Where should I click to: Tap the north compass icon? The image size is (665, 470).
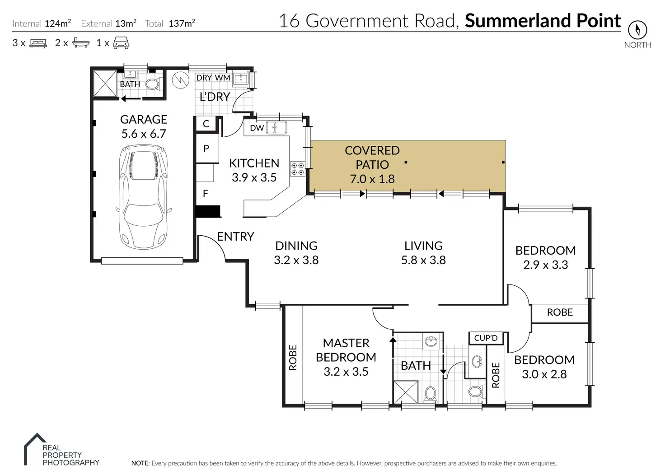pos(637,30)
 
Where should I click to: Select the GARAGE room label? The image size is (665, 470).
pos(144,119)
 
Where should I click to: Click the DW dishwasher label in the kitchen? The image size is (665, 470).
pos(257,128)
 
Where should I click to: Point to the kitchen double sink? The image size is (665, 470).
pos(276,127)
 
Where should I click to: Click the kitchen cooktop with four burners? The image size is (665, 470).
pos(297,169)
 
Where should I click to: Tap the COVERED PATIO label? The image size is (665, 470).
pos(372,157)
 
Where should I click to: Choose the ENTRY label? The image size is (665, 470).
pos(235,236)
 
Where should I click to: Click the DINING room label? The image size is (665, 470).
pos(296,246)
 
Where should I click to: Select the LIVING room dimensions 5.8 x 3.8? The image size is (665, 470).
pos(423,260)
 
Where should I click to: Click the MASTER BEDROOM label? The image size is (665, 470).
pos(346,350)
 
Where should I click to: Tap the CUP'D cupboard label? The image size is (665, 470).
pos(486,338)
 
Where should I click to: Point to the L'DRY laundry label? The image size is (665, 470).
pos(215,97)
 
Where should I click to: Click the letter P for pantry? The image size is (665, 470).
pos(206,148)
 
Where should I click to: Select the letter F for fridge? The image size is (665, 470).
pos(206,194)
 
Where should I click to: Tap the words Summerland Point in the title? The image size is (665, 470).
pos(543,21)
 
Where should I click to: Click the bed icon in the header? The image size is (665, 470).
pos(38,43)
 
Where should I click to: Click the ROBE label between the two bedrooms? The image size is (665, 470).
pos(560,312)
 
